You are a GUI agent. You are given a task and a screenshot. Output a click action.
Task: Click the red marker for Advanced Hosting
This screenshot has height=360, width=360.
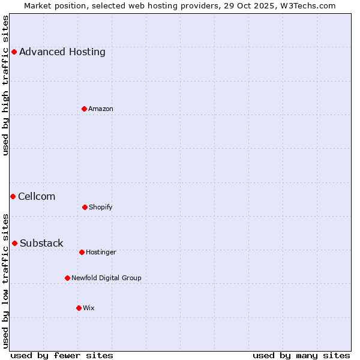point(14,52)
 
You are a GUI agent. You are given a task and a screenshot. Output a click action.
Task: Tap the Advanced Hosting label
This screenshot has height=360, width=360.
point(62,52)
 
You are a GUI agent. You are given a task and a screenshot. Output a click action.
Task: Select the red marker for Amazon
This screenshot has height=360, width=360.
point(84,109)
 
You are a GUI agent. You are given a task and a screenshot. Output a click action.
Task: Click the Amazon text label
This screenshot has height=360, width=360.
point(101,109)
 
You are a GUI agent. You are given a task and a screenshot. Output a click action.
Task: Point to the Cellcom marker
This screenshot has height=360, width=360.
point(13,196)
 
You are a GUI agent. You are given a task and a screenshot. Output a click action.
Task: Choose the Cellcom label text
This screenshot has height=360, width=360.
point(37,196)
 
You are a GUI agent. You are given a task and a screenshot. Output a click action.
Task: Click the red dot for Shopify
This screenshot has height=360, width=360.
point(85,207)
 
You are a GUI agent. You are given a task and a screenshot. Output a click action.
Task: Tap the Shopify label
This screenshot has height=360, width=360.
point(101,207)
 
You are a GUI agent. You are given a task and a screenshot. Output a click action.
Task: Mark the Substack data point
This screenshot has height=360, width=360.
point(14,243)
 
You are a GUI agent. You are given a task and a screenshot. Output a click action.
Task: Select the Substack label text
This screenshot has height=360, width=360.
point(41,243)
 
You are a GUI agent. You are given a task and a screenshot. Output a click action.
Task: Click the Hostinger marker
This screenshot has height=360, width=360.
point(82,252)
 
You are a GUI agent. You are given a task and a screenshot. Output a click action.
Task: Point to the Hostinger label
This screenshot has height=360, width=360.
point(101,252)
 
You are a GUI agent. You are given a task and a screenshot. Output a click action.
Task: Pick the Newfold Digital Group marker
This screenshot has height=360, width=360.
point(67,278)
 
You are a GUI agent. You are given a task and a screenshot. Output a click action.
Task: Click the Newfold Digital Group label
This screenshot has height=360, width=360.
point(106,278)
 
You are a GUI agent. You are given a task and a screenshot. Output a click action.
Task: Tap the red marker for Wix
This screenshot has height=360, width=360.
point(79,308)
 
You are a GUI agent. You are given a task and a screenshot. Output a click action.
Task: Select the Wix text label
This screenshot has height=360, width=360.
point(89,308)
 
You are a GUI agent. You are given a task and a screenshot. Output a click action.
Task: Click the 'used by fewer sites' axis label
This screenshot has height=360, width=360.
point(62,355)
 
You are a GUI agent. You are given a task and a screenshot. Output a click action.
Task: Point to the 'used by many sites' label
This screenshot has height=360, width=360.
point(301,355)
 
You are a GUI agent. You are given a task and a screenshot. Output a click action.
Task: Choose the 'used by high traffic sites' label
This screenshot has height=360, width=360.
point(5,85)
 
